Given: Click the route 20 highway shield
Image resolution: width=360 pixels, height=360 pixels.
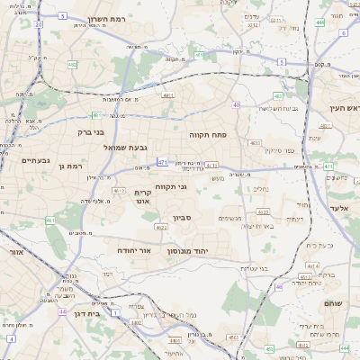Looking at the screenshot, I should pos(38,24).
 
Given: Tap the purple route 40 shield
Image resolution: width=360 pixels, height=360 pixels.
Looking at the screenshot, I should pos(236,105).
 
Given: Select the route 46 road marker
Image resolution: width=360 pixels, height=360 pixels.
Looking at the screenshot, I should pos(278,287).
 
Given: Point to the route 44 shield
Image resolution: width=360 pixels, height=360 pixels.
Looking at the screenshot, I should pos(62,311).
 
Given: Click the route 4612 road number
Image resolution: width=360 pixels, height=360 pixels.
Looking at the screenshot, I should pos(120,191).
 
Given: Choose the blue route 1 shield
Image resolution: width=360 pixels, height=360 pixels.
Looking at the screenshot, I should pos(116,313).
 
